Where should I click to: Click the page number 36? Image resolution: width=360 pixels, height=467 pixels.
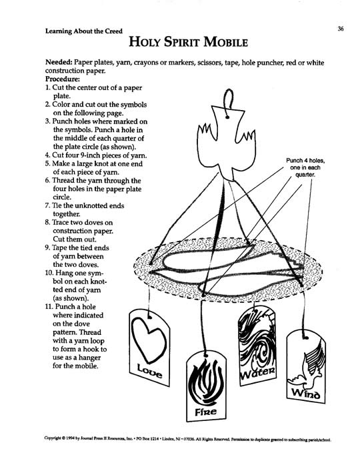(x=341, y=29)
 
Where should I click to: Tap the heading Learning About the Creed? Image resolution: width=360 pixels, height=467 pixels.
(x=83, y=31)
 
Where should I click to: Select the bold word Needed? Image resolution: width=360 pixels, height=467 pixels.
(x=59, y=63)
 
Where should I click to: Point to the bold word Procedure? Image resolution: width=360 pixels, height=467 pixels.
(x=63, y=79)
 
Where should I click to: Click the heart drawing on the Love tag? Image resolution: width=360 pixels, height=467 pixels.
(x=149, y=339)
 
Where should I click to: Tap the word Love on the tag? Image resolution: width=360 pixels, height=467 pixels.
(x=149, y=372)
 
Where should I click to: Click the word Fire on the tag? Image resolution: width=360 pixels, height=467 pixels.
(x=205, y=412)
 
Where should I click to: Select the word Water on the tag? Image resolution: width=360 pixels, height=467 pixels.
(x=257, y=372)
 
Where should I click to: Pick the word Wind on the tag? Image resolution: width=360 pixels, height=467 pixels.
(x=305, y=394)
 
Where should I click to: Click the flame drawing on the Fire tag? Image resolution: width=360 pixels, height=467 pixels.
(x=206, y=382)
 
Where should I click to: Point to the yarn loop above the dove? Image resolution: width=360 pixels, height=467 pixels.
(x=229, y=103)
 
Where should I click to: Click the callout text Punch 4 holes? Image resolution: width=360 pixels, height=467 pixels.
(x=305, y=161)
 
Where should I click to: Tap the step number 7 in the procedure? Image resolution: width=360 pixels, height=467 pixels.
(x=47, y=205)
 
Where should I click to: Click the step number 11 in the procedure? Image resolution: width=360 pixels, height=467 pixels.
(x=49, y=306)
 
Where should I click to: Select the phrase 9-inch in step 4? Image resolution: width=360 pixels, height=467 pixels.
(x=89, y=155)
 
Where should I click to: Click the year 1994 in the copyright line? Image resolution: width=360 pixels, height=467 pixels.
(x=70, y=438)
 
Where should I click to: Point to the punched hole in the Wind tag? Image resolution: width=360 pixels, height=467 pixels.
(x=305, y=338)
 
